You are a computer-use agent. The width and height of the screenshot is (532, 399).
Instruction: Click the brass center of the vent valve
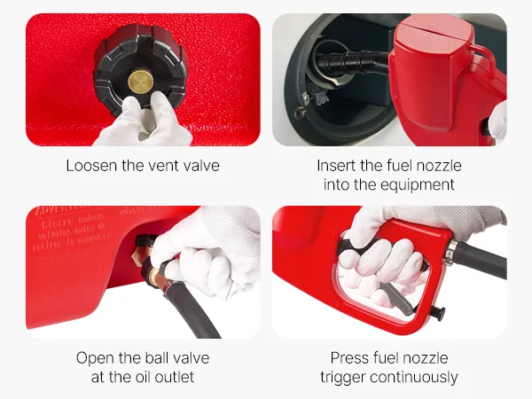(140, 82)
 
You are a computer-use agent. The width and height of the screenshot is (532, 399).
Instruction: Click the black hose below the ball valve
(194, 312)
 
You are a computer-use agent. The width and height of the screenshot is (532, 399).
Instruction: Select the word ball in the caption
(158, 358)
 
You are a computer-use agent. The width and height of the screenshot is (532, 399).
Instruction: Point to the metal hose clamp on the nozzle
(450, 252)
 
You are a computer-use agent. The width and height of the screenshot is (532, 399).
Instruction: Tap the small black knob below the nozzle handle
(439, 313)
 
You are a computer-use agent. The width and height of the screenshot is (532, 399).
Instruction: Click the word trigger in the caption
(342, 378)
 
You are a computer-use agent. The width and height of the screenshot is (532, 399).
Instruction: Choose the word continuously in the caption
(413, 378)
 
